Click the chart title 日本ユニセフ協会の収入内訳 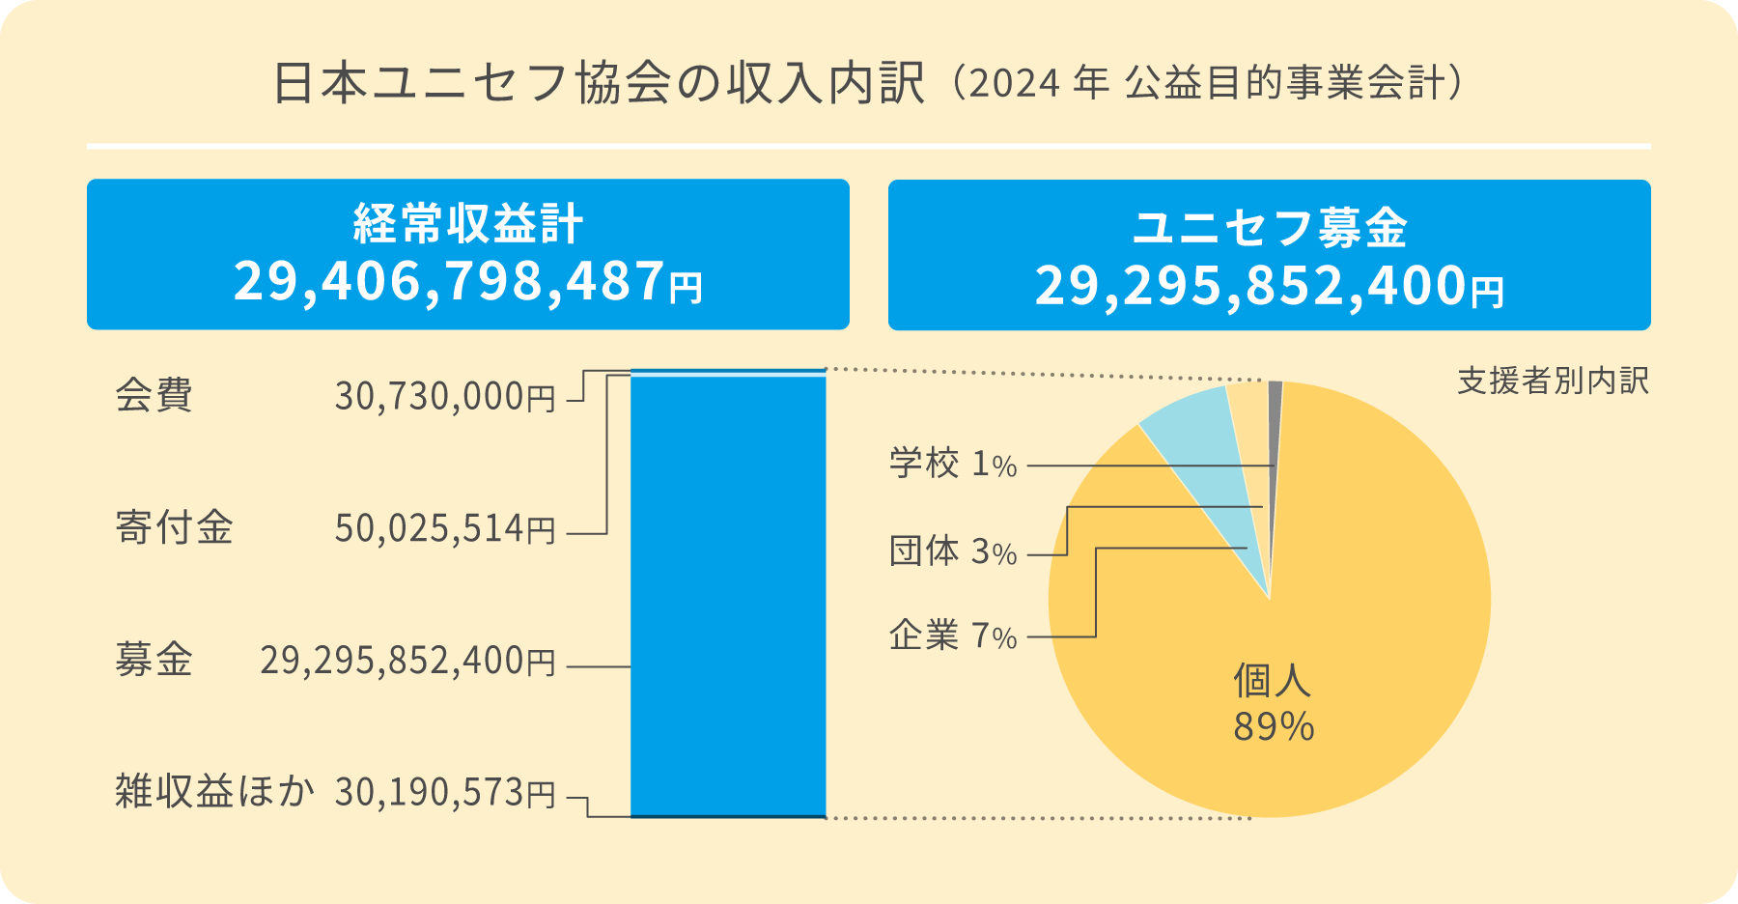[x=599, y=84]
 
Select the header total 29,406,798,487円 [x=468, y=282]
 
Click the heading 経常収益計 [x=468, y=224]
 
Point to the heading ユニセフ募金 [x=1269, y=228]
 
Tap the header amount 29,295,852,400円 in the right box [x=1269, y=287]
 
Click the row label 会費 [x=154, y=395]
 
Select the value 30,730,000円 [x=445, y=397]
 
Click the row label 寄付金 [x=174, y=528]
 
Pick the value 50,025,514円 [x=445, y=529]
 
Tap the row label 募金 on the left [x=154, y=661]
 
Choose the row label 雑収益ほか [x=214, y=792]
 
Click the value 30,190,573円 [x=445, y=793]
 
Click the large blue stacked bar [x=728, y=595]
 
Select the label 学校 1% [x=953, y=465]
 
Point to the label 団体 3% [x=953, y=552]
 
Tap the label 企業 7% [x=953, y=636]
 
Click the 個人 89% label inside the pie [x=1273, y=703]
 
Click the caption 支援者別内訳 [x=1553, y=381]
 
